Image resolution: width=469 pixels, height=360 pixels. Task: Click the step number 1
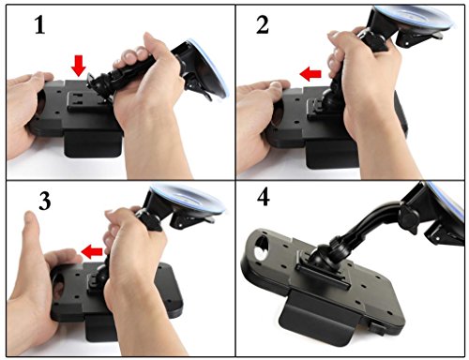[x=39, y=24]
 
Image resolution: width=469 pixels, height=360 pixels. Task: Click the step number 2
[x=263, y=24]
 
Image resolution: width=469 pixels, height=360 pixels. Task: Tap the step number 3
[x=45, y=201]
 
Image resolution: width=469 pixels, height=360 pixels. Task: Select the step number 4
[x=264, y=198]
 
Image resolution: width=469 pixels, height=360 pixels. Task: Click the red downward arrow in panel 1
[x=78, y=66]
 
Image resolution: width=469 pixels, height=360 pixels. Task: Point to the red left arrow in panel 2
[x=310, y=74]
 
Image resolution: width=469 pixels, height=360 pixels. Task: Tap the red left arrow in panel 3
[x=92, y=252]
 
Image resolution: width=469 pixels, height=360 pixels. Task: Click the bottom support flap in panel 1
[x=93, y=143]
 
